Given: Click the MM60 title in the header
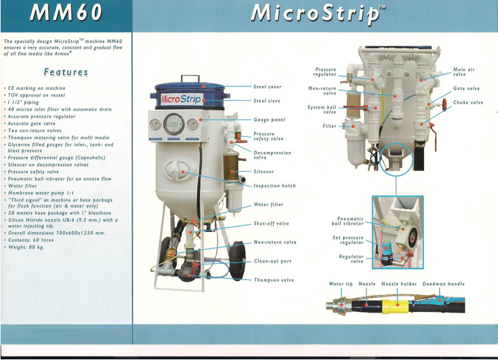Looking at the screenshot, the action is coord(66,12).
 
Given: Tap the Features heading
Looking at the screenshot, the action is coord(66,72).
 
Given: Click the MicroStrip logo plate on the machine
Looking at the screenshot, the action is coord(181,99).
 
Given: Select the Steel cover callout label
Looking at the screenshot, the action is coord(267,87).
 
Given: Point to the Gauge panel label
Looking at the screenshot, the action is coord(269,119).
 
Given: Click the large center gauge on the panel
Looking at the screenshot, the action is coord(174,124).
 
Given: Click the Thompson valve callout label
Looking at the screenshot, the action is coord(274,280).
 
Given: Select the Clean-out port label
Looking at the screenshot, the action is coord(273,261).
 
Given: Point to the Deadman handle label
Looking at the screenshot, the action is coord(444,284).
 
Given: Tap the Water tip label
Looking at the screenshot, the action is coord(341,284).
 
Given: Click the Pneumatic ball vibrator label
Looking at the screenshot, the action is coord(348,221).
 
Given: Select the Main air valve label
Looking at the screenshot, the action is coord(464,72).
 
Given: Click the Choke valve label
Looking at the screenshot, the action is coord(468,102).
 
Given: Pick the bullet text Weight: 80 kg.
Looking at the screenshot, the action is coord(26,247).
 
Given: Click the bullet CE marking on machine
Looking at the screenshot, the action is coord(36,88).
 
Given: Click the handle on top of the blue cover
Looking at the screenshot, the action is coord(190,78).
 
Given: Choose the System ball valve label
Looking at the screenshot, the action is coord(322,109).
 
